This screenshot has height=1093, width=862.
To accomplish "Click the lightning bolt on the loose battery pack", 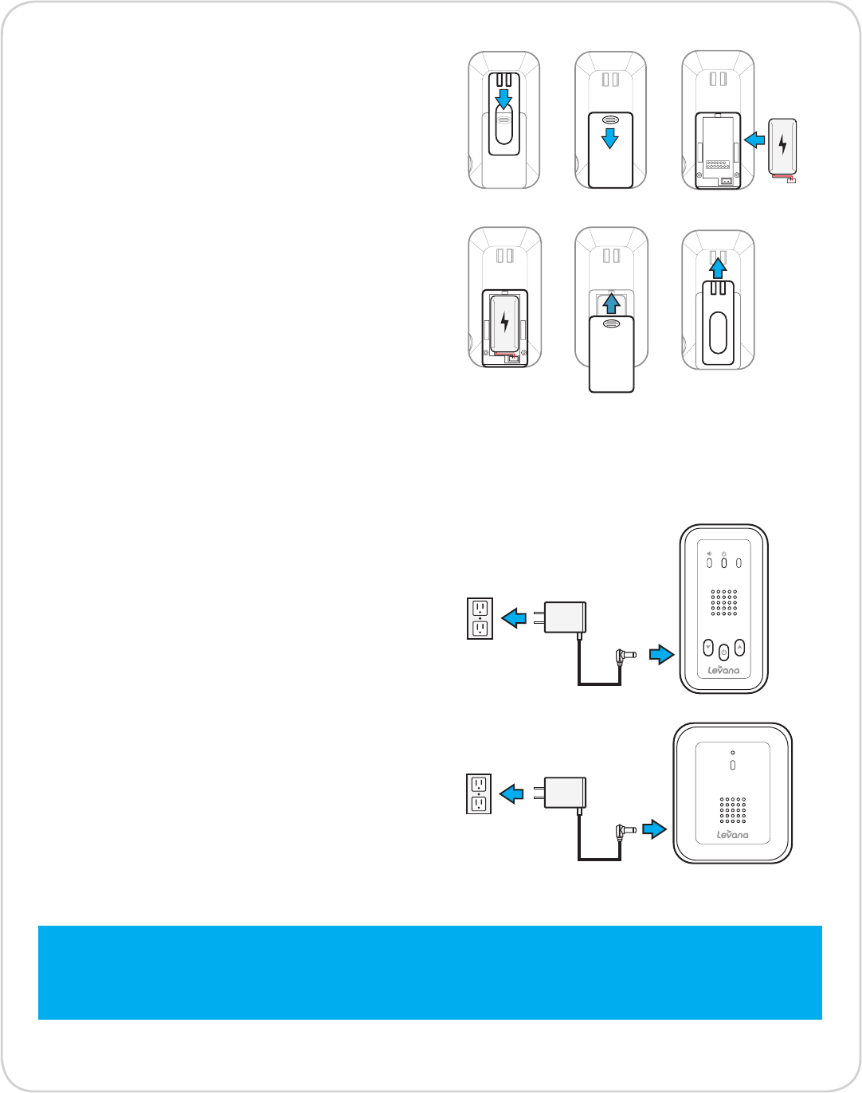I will [x=782, y=144].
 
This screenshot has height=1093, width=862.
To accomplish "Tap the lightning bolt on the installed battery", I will [x=504, y=321].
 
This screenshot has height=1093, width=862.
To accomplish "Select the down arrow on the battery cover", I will [x=609, y=139].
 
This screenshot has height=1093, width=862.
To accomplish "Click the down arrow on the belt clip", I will [x=503, y=98].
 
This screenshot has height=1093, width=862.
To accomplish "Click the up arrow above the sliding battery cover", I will [x=611, y=304].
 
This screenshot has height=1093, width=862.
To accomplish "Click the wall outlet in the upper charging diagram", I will [x=480, y=618].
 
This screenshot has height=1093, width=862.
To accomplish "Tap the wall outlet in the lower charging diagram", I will [x=479, y=793].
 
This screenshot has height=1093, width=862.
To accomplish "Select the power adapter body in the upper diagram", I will [x=565, y=617].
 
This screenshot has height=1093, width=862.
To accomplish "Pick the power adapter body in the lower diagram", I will [x=565, y=793].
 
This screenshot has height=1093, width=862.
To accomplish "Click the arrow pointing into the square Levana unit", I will [x=654, y=829].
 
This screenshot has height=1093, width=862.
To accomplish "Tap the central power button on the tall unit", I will [x=723, y=652].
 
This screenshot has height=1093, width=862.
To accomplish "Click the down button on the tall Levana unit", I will [x=707, y=647].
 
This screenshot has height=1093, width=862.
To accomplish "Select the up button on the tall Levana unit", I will [x=739, y=647].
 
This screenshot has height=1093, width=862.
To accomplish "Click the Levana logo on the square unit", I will [x=732, y=834].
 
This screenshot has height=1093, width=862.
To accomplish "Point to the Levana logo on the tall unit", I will [x=723, y=670].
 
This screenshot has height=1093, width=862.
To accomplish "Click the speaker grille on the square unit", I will [x=733, y=809].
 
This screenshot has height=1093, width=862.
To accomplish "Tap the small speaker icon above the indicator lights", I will [x=709, y=553].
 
